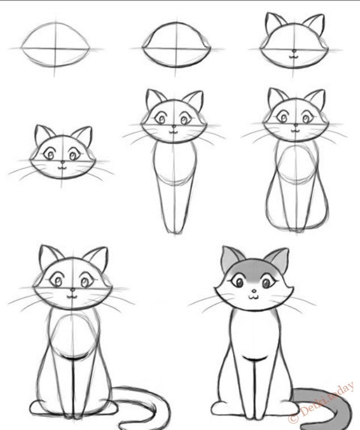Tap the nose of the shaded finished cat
coord(254,291)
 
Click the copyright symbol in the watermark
coord(293,418)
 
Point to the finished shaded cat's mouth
coord(254,297)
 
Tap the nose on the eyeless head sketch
coord(294,51)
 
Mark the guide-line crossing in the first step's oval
coord(55,49)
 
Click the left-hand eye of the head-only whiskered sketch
coord(49,155)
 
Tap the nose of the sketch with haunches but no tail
coord(296,126)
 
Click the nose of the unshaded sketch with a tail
coord(72,290)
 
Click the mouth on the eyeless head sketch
coord(294,57)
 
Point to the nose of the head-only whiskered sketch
coord(62,161)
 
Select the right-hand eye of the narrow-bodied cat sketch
coord(185,119)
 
